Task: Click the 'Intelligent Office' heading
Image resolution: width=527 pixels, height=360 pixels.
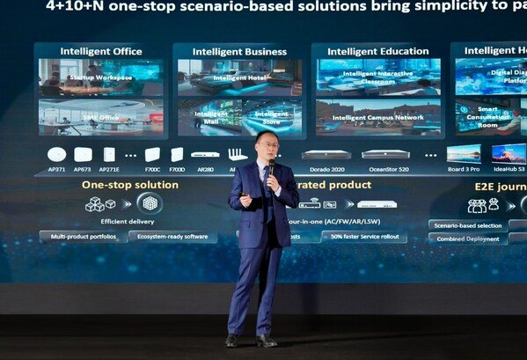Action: pos(101,51)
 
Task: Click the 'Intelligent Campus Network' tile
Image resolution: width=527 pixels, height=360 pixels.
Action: pos(378,116)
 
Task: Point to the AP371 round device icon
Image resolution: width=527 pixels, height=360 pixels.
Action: pos(57,154)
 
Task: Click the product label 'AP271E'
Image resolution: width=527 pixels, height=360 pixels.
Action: pos(109,169)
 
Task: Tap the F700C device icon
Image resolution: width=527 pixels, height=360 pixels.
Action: pos(152,154)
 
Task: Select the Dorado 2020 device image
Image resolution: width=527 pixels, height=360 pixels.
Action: pos(326,154)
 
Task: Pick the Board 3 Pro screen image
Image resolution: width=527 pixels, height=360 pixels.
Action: pos(464,153)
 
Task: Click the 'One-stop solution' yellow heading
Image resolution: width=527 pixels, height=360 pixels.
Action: pos(130,185)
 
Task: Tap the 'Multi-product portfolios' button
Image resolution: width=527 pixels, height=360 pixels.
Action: pos(83,237)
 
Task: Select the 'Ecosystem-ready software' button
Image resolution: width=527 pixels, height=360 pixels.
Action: pos(172,237)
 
